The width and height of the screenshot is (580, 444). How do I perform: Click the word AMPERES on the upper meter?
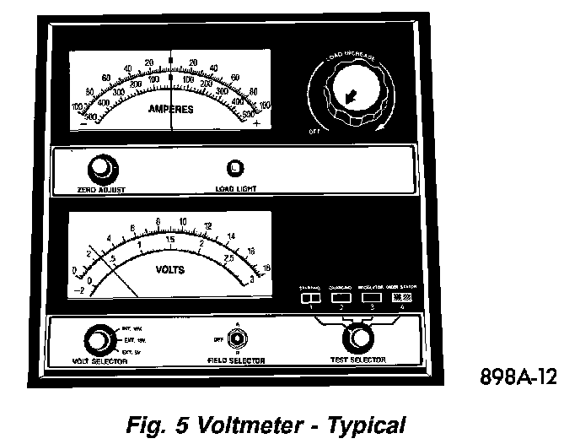[171, 110]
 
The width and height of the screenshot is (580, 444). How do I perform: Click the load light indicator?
[236, 167]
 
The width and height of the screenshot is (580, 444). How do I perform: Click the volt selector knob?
[99, 339]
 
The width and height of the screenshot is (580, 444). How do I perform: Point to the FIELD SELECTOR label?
[236, 361]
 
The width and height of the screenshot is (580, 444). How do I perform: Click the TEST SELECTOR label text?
[358, 361]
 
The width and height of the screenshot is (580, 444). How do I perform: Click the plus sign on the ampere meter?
[256, 124]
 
